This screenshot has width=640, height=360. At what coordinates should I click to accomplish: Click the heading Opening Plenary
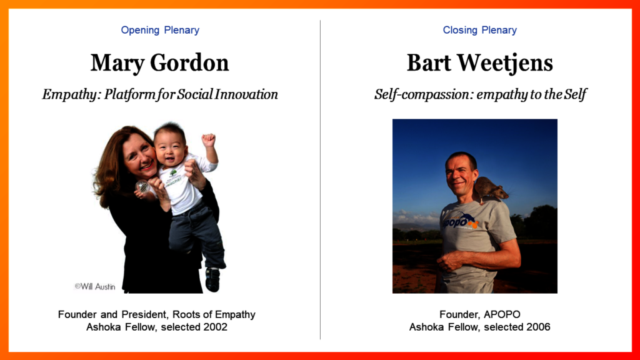pos(160,30)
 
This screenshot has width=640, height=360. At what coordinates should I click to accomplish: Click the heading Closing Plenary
pos(479,30)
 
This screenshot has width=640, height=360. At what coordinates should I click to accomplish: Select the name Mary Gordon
pos(159,63)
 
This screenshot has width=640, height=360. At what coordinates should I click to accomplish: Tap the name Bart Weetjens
pos(479,63)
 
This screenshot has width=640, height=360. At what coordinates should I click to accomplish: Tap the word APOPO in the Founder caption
pos(502,314)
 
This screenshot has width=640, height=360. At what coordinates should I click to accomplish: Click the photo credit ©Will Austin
pos(95,286)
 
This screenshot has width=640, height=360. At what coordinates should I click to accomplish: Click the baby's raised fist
pos(208,141)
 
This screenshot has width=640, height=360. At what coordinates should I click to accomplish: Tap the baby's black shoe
pos(212,279)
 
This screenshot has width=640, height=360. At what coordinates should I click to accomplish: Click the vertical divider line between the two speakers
pos(321,179)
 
